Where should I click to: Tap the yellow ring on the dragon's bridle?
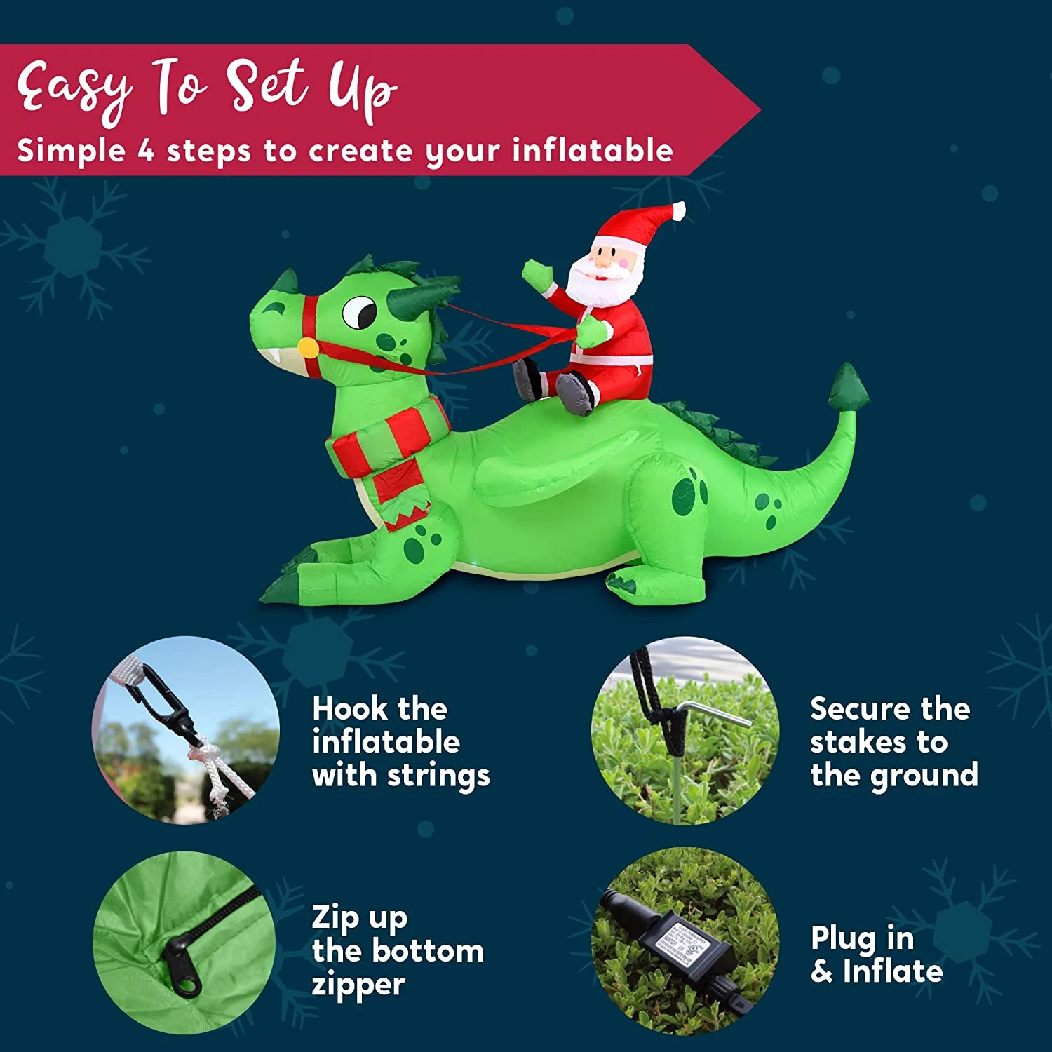(308, 347)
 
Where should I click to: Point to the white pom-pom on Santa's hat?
(678, 210)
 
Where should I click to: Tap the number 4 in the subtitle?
(145, 151)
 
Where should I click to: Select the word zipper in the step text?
(358, 985)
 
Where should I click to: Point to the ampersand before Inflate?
(822, 972)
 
